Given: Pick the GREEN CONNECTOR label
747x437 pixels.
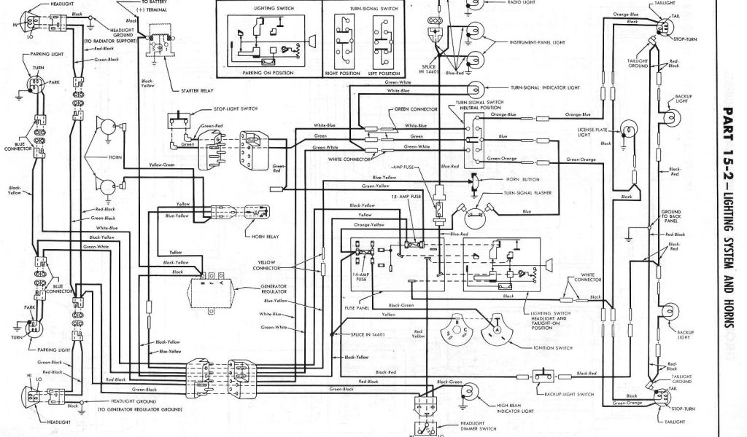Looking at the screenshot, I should coord(415,109).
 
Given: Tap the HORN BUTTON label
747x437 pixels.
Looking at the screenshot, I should coord(521,178).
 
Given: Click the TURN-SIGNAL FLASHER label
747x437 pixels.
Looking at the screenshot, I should coord(527,193).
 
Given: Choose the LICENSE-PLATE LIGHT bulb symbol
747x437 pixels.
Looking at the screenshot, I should coord(626,132).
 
